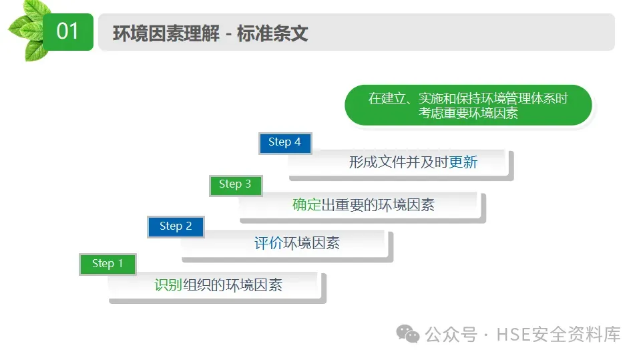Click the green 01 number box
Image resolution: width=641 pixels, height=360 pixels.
click(x=68, y=31)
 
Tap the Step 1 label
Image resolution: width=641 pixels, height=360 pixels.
click(x=108, y=264)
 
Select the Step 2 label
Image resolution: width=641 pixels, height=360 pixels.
click(x=176, y=226)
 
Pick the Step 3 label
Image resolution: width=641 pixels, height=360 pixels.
click(x=235, y=184)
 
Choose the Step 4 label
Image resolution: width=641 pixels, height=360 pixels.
click(x=284, y=142)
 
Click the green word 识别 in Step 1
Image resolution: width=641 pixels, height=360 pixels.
click(x=168, y=285)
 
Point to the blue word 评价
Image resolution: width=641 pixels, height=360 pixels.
click(x=268, y=243)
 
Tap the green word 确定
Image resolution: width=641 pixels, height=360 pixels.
click(x=306, y=204)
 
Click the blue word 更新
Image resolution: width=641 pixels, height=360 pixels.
click(x=463, y=162)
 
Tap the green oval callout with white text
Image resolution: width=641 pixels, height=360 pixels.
click(x=468, y=106)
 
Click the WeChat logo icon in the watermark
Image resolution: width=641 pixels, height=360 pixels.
click(x=408, y=333)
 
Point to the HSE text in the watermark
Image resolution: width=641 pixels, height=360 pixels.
click(x=512, y=334)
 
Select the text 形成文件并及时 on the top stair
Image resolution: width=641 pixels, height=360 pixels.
click(x=399, y=162)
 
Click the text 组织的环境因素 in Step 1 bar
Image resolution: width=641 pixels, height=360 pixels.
click(x=232, y=285)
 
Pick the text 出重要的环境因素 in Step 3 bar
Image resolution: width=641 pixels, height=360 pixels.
click(x=378, y=204)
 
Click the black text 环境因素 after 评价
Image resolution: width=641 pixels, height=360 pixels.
click(x=312, y=243)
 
